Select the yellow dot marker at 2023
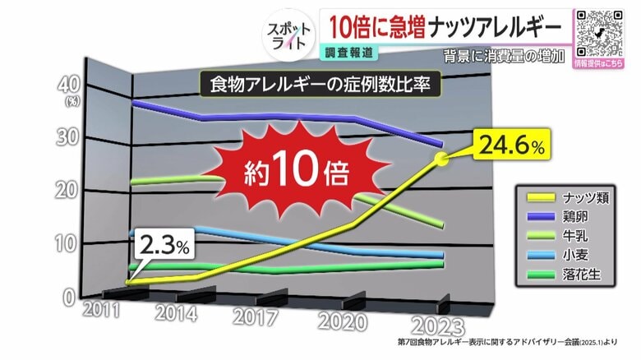pyautogui.click(x=442, y=159)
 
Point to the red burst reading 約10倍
pyautogui.click(x=296, y=170)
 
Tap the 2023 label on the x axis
pyautogui.click(x=436, y=324)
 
